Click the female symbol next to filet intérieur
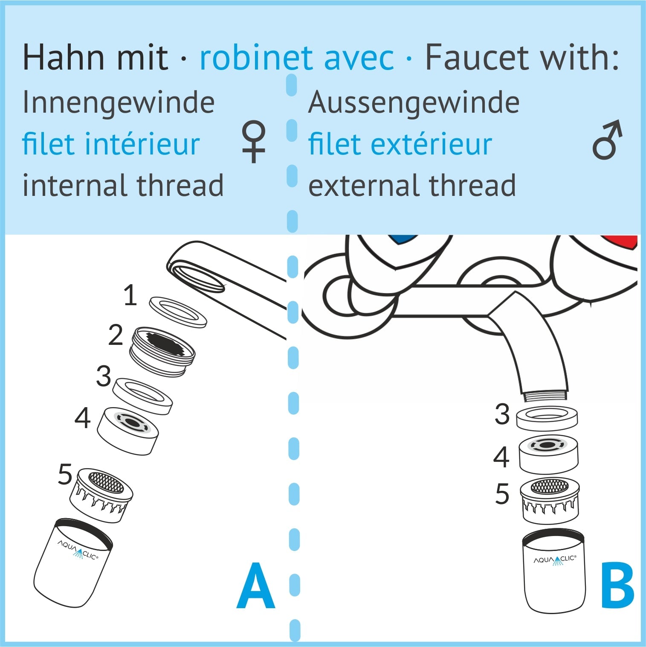pos(254,142)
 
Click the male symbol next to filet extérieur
pos(607,140)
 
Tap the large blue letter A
pos(255,586)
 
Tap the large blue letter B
pos(617,586)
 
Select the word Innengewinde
pos(118,102)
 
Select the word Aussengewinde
pos(414,102)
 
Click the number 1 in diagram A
pos(130,295)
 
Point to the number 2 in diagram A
pos(116,335)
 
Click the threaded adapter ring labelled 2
pos(162,352)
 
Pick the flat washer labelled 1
pos(178,312)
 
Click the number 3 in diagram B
pos(502,414)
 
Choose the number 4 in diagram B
pos(501,457)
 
